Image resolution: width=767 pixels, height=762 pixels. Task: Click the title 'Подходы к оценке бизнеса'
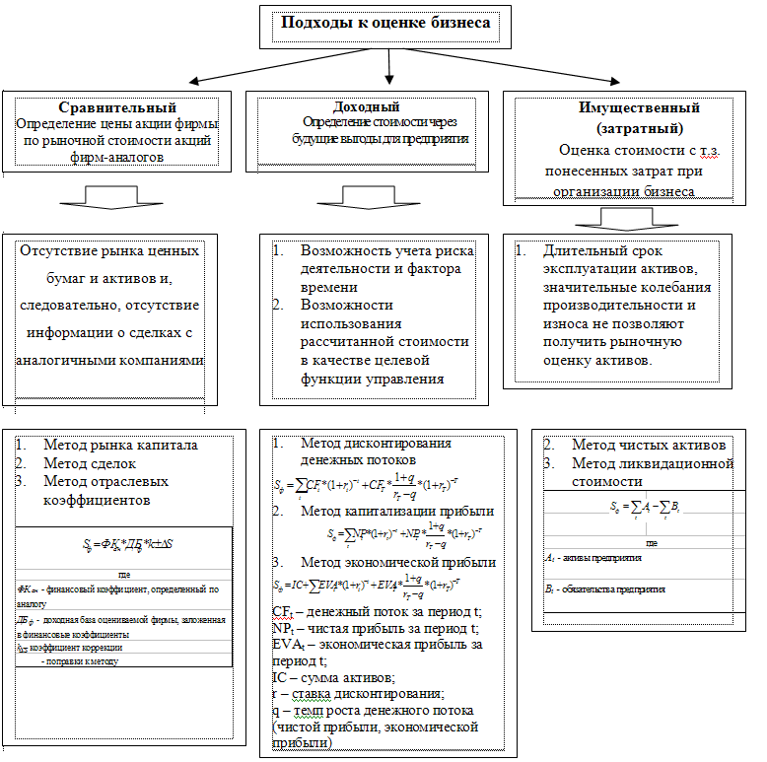385,23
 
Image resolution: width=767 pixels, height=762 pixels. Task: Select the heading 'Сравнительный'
116,107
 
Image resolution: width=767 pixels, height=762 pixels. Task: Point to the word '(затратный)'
626,129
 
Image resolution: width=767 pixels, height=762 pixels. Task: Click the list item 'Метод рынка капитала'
120,445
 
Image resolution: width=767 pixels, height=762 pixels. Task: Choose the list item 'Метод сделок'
90,463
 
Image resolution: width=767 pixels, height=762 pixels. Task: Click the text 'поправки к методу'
80,661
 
